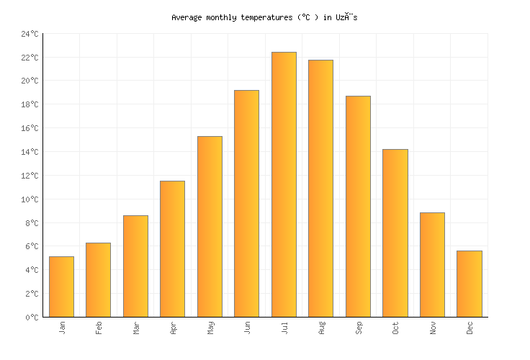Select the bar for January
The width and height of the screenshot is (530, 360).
click(61, 287)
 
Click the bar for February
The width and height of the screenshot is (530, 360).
click(98, 279)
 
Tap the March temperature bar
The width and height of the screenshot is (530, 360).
click(135, 266)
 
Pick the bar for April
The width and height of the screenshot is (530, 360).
click(172, 248)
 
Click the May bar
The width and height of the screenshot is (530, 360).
click(210, 226)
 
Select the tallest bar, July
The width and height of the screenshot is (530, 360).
click(284, 184)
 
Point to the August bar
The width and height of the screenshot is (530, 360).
click(320, 188)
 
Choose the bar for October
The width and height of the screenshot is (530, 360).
click(395, 233)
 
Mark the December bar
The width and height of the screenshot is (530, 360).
click(469, 284)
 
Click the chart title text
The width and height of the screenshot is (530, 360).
click(264, 17)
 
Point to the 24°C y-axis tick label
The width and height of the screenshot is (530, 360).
click(30, 34)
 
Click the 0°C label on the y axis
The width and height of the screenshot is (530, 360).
click(32, 317)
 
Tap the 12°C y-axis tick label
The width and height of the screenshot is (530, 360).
click(30, 176)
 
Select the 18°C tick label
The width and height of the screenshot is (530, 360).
click(30, 104)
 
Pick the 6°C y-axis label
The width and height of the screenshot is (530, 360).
click(32, 246)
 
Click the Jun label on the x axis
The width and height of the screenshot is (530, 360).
click(247, 328)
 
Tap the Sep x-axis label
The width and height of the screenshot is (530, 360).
click(359, 328)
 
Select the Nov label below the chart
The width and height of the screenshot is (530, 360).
click(433, 328)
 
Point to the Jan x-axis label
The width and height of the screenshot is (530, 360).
click(62, 328)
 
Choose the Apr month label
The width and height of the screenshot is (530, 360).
click(173, 328)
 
